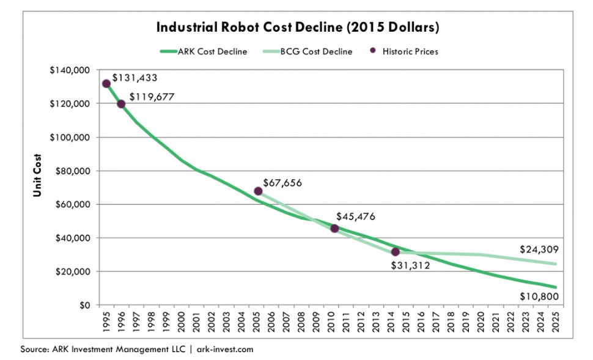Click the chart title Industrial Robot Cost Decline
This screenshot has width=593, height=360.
pos(297,28)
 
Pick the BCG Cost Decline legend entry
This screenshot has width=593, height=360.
pos(312,51)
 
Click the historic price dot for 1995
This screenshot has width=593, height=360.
pos(106,84)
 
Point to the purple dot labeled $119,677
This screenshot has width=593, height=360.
pos(121,104)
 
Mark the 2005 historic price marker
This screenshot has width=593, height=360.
pos(258,191)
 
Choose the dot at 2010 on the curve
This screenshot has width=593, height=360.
pos(334,229)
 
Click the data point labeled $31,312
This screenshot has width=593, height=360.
pos(395,252)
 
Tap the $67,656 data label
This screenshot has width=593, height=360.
pos(282,182)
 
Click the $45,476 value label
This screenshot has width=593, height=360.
pos(356,216)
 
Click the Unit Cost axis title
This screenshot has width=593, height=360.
pos(37,175)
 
